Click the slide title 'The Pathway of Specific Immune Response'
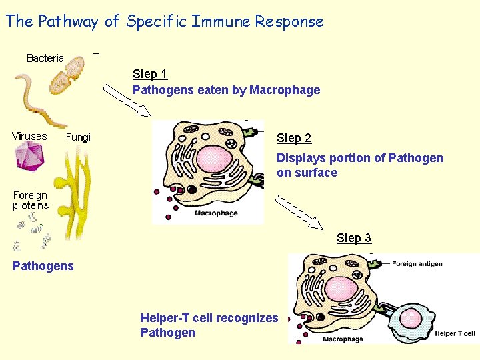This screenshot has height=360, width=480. pos(165,21)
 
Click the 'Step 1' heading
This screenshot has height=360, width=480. pos(150,74)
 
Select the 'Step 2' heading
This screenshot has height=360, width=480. pos(294,138)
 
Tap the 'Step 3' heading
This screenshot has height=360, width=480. pos(354,238)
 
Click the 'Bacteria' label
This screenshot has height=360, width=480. pos(45,58)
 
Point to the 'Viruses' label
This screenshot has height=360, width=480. pos(29,136)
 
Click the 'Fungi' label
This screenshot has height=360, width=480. pos(78,137)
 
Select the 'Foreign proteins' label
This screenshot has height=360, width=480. pos(30,201)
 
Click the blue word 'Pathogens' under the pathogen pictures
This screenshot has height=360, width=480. pos(43,266)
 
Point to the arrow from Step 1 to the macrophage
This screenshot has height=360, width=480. pos(128,101)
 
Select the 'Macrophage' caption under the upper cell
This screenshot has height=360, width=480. pos(216,213)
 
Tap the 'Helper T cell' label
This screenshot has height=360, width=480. pos(455,333)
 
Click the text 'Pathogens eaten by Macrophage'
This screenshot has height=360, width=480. pos(227,90)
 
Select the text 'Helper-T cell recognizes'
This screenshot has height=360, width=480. pos(209,318)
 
